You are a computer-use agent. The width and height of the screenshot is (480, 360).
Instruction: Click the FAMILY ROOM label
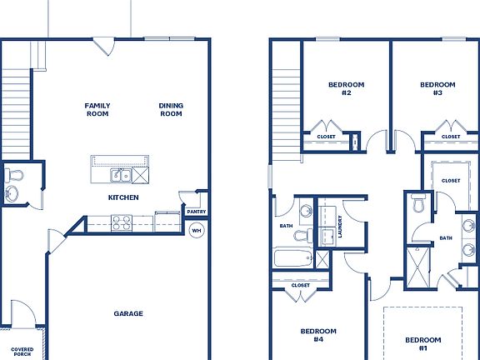(97, 110)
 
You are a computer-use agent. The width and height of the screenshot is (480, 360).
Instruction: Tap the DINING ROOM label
(171, 110)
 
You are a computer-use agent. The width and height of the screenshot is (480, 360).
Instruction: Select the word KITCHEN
(122, 197)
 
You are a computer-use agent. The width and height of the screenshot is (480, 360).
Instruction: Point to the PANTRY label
(197, 212)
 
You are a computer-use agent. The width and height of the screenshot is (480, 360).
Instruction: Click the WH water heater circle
(197, 231)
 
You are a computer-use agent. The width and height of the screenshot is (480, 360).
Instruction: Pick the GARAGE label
(128, 314)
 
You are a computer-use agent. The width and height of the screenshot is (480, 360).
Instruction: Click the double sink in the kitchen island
(121, 175)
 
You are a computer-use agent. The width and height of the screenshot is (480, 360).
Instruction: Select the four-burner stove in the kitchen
(121, 222)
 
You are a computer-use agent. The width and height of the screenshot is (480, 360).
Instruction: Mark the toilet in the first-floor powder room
(13, 176)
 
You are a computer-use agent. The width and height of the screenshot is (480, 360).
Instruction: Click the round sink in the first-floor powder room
(12, 194)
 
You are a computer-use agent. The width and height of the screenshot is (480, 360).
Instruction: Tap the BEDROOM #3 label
(437, 88)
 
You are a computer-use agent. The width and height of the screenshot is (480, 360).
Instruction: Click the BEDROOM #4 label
(317, 335)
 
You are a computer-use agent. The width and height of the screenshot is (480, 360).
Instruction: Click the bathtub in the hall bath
(292, 258)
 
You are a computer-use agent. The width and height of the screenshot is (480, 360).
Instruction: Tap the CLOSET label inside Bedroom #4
(301, 286)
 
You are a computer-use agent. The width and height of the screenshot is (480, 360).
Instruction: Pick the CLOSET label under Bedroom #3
(451, 137)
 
